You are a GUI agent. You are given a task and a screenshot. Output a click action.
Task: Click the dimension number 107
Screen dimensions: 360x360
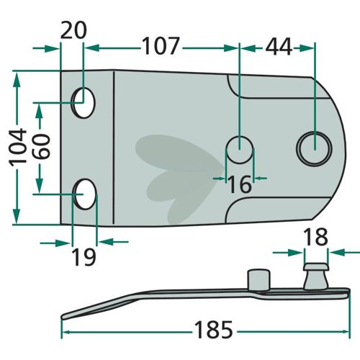coord(161,45)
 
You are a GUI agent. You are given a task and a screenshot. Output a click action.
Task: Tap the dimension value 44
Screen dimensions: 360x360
coord(279,46)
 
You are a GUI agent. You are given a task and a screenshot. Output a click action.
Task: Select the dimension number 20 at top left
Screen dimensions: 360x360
coord(73,30)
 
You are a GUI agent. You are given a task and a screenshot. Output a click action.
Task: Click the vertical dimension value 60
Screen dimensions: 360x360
coord(41,146)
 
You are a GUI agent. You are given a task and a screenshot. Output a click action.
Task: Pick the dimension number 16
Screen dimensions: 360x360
coord(240,184)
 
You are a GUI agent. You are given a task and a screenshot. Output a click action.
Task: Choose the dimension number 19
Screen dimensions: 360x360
coord(84,257)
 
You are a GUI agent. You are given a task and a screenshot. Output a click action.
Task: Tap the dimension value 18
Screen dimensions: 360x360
coord(315,237)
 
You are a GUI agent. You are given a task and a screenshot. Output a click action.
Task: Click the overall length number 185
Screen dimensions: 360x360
coord(214,330)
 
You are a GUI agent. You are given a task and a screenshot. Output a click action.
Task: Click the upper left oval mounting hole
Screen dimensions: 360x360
coord(84,103)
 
